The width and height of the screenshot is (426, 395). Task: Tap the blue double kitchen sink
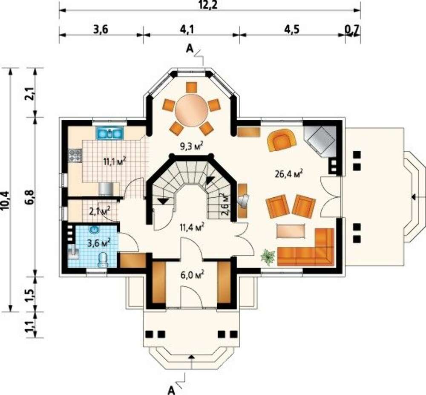coord(110,133)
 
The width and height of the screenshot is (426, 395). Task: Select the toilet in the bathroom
coord(103,259)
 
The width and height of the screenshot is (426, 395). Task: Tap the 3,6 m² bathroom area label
coord(99,242)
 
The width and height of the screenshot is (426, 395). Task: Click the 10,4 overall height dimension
coord(6,201)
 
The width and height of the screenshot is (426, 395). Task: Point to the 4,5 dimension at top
coord(292,29)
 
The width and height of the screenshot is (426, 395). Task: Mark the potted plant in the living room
coord(268,257)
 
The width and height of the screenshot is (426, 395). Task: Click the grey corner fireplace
coord(320,141)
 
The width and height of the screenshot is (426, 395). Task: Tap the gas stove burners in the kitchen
coord(75,156)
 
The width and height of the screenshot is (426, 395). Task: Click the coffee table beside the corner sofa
coord(291,231)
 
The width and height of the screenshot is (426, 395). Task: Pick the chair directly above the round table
coord(192,87)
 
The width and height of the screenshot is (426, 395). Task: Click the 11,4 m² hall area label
coord(192,227)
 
